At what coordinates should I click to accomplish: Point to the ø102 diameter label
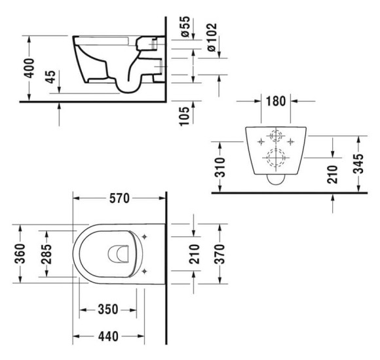point(211,39)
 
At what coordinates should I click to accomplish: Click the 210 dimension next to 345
point(332,172)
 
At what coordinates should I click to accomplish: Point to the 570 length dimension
point(119,198)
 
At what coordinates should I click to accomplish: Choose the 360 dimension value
point(20,251)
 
